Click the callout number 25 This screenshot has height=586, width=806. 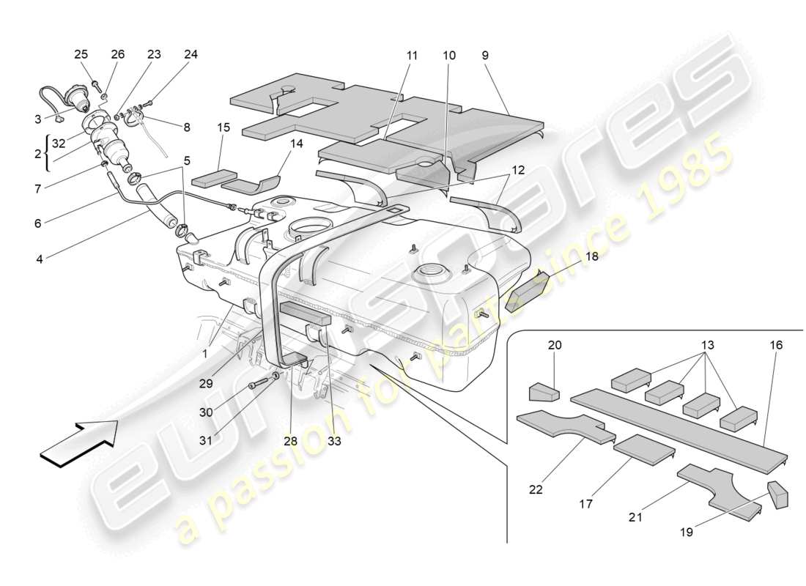pyautogui.click(x=81, y=54)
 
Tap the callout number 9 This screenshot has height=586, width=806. pyautogui.click(x=485, y=55)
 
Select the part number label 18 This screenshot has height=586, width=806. pyautogui.click(x=591, y=256)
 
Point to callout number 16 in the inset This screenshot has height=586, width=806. pyautogui.click(x=776, y=344)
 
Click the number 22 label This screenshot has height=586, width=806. pyautogui.click(x=536, y=489)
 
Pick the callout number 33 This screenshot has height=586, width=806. pyautogui.click(x=334, y=441)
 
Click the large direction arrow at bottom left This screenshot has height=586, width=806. pyautogui.click(x=79, y=442)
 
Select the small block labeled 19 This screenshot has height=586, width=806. pyautogui.click(x=777, y=494)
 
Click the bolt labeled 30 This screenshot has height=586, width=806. pyautogui.click(x=256, y=385)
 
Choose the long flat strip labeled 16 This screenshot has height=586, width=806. pyautogui.click(x=678, y=423)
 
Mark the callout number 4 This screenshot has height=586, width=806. pyautogui.click(x=37, y=259)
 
